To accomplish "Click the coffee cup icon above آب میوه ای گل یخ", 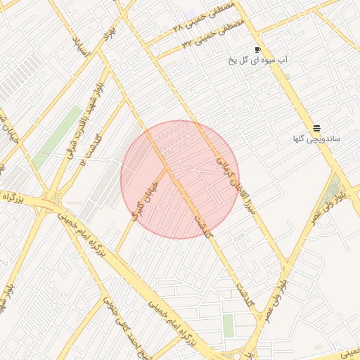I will [257, 49].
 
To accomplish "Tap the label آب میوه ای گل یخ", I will [257, 60].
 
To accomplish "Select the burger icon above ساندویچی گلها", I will [317, 127].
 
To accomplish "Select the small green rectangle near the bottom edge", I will [228, 325].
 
